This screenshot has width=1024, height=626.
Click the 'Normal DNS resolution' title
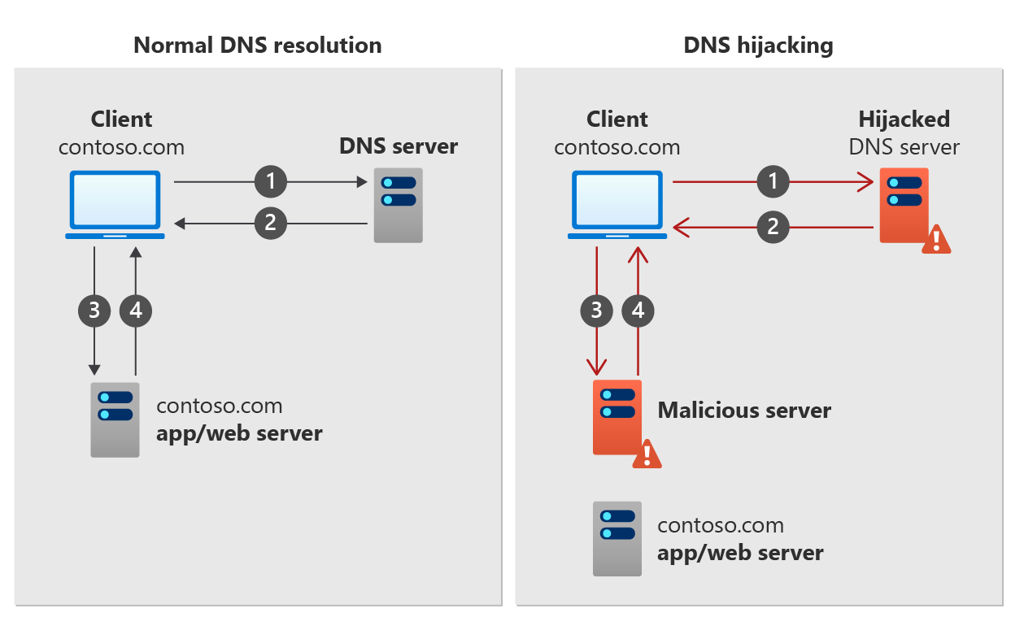tap(257, 45)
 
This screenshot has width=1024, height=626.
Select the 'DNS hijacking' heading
tap(758, 45)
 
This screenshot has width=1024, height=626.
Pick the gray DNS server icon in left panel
tap(398, 205)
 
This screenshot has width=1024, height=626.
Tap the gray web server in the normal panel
tap(115, 420)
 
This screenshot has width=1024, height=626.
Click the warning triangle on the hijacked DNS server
tap(936, 239)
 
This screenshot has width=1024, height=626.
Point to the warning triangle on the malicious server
tap(647, 454)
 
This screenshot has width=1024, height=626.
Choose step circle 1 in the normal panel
tap(271, 182)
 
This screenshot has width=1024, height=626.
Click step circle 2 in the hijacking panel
tap(773, 227)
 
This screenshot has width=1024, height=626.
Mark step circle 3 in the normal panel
tap(94, 310)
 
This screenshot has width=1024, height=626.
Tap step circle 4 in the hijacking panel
tap(638, 310)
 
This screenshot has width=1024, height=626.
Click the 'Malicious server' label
tap(744, 410)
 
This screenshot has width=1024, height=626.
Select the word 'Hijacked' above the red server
tap(904, 120)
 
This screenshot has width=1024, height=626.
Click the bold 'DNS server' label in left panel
tap(399, 147)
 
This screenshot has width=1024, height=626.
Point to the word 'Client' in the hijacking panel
tap(617, 120)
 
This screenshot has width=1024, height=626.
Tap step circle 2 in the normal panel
tap(271, 223)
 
